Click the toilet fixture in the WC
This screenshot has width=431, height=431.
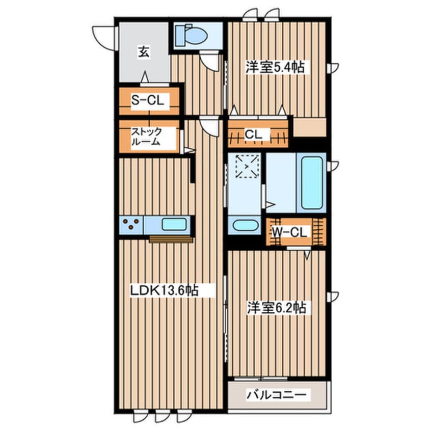192,36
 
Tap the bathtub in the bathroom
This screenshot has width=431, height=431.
312,183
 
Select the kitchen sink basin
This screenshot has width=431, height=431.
174,224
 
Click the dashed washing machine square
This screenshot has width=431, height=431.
248,166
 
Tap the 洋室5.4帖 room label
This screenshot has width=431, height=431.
275,67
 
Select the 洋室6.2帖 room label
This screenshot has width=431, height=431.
276,308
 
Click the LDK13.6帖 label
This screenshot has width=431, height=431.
164,290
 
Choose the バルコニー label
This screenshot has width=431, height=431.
276,395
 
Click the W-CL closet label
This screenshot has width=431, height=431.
289,233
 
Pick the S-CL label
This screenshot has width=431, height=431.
147,100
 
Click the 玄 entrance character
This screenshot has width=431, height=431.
144,52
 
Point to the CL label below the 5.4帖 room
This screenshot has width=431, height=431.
253,134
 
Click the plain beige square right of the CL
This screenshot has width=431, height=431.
310,127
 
